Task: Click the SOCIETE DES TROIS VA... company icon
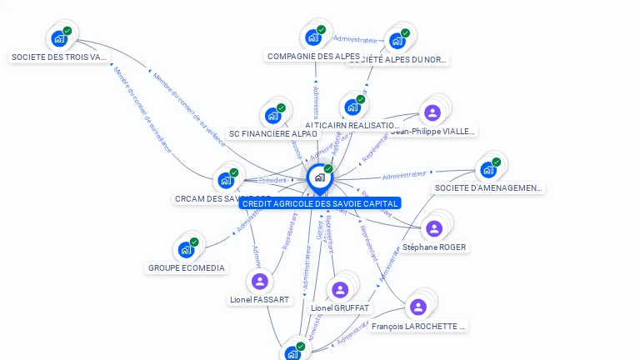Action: tap(58, 38)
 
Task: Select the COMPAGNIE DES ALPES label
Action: tap(313, 57)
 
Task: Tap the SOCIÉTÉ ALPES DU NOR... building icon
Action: tap(397, 40)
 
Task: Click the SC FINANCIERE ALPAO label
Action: tap(273, 133)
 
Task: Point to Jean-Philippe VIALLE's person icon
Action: tap(432, 112)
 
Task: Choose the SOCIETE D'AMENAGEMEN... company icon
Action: tap(488, 169)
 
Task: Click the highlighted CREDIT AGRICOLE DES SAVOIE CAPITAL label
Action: tap(320, 203)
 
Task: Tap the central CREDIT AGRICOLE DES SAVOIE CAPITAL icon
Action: tap(319, 177)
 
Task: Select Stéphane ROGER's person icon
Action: tap(433, 228)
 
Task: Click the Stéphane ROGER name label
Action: tap(434, 247)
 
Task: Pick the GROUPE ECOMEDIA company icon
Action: tap(186, 249)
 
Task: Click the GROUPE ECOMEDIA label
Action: tap(186, 268)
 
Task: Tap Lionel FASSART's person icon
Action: tap(259, 281)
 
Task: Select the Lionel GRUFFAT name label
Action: tap(340, 308)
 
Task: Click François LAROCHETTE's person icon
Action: tap(418, 307)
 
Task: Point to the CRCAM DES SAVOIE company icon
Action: tap(226, 180)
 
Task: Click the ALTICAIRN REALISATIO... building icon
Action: tap(352, 107)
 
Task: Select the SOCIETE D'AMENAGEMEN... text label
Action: tap(489, 188)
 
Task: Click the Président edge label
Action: tap(273, 180)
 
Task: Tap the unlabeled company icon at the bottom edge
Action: tap(292, 352)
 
